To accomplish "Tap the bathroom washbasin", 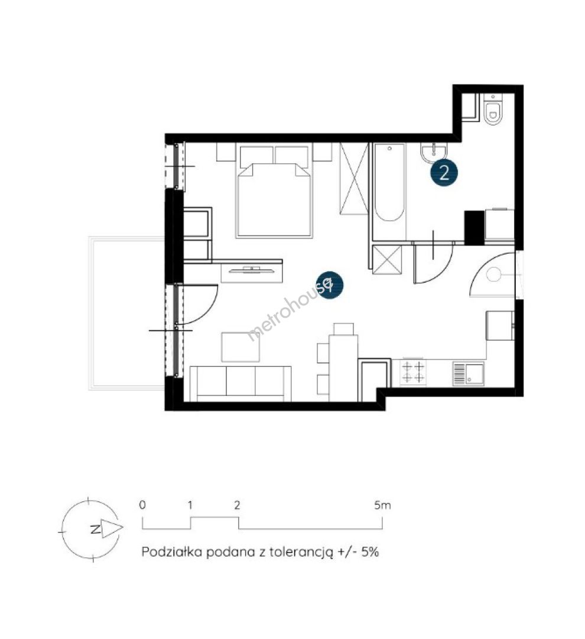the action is coord(434,153).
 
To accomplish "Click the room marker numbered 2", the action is coord(444,173).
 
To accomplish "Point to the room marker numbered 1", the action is coord(330,285).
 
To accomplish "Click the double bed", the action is coord(274,190).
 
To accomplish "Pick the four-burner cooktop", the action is coord(413,372).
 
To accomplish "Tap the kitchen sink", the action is coord(469,374).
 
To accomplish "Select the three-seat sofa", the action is coord(240,383).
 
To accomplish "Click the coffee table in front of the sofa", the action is coord(240,347).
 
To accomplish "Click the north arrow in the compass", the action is coord(112,528).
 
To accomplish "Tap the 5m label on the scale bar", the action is coord(382,505).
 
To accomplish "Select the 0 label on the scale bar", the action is coord(142,505).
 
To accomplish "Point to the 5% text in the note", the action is coord(370,552).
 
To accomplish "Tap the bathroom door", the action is coord(433,263).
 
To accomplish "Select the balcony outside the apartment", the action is coord(127,313).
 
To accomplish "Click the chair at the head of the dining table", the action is coord(343,329).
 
